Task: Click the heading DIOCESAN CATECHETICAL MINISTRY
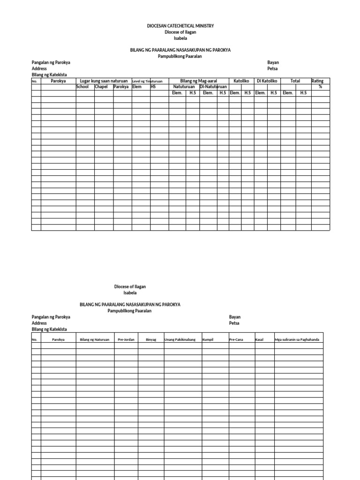180,26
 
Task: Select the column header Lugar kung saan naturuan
104,81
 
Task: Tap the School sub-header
82,87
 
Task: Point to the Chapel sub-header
101,87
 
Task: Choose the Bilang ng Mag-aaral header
198,81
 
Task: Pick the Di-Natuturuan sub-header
213,87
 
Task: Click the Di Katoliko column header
267,81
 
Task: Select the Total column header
295,81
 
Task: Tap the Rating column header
317,81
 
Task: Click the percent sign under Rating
321,87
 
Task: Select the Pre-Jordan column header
126,339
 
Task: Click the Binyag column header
151,339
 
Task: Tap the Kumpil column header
208,339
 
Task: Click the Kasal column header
259,339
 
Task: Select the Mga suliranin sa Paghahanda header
297,339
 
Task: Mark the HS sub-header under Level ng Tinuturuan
153,87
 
